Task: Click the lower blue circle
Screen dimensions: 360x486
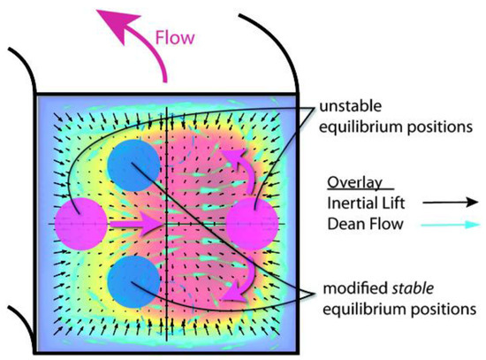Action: [134, 282]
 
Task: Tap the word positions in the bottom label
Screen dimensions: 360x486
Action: [446, 310]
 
